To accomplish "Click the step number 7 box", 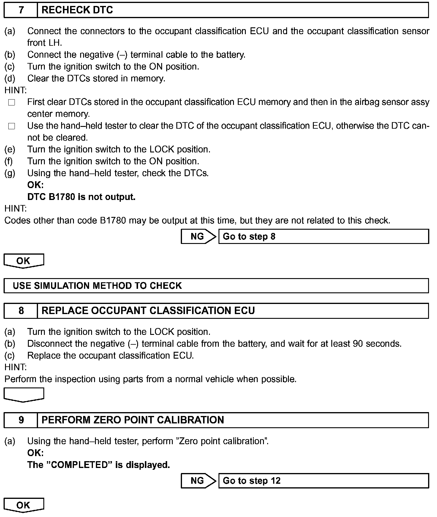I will coord(21,10).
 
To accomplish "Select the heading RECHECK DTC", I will coord(77,10).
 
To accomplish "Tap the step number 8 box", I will coord(21,311).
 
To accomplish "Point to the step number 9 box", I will coord(21,420).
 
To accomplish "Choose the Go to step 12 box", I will coord(324,481).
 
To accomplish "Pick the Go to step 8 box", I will coord(324,237).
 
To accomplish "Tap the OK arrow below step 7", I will coord(23,261).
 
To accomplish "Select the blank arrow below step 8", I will coord(23,395).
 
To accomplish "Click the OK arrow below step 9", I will coord(23,505).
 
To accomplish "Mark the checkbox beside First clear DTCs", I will coord(12,103).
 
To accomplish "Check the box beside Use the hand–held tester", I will coord(12,126).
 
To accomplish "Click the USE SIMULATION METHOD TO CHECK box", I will coord(216,286).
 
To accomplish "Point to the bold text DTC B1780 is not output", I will coord(81,197).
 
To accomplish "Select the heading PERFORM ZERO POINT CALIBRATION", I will coord(133,420).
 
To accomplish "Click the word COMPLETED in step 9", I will coord(79,465).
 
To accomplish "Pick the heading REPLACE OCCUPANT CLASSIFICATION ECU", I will coord(148,311).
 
